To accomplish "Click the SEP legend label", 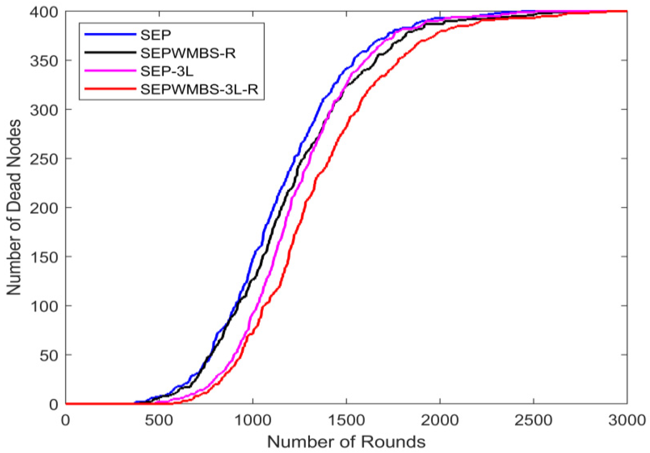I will (x=156, y=35).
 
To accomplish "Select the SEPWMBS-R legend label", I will (x=188, y=53).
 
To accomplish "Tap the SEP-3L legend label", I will (x=167, y=71).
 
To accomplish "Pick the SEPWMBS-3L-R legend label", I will (x=199, y=89).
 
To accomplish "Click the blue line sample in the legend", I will (x=110, y=34).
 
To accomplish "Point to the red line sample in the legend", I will (x=110, y=89).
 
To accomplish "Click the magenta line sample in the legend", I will (x=110, y=71).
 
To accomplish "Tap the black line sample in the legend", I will (x=110, y=53).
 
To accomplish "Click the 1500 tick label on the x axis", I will (x=346, y=420).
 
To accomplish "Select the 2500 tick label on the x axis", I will (x=533, y=420).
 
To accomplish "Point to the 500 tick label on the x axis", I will (x=159, y=420).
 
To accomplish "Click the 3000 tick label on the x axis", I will (x=627, y=420).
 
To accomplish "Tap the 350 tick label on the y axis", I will (x=44, y=61).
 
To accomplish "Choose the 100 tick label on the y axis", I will (x=44, y=306).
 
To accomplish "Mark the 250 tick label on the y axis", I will (x=44, y=159).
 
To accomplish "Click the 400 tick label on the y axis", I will (x=44, y=12).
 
